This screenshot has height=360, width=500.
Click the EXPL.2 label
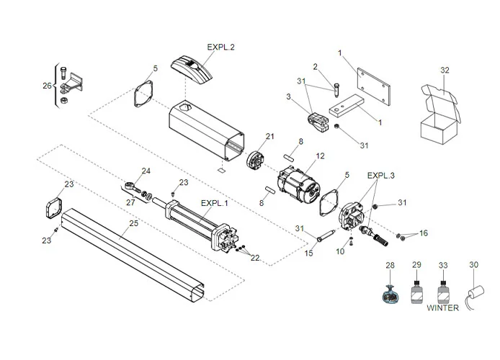(221, 47)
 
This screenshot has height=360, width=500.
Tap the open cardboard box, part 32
(439, 118)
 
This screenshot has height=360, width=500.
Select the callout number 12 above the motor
(321, 156)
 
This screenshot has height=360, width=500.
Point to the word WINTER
(442, 307)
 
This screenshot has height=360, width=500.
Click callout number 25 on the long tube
(133, 224)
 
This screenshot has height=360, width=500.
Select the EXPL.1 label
(215, 203)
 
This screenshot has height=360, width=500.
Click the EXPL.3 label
(381, 175)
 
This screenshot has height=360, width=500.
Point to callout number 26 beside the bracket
(47, 86)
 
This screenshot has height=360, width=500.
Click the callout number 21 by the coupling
(270, 137)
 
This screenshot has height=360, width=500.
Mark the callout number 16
(423, 233)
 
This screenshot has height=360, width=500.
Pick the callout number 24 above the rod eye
(146, 171)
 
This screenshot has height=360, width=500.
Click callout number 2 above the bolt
(315, 66)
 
